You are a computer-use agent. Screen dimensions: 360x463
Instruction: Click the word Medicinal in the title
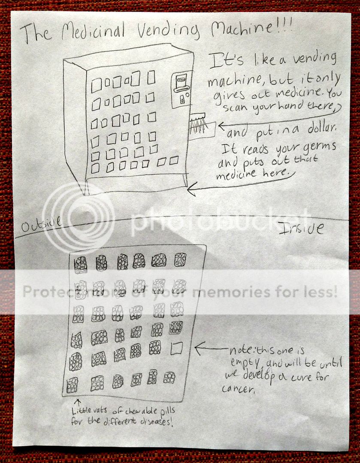[x=93, y=31]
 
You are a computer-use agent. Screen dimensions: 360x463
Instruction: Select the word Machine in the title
[x=242, y=27]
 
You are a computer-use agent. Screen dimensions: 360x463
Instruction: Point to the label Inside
[x=301, y=228]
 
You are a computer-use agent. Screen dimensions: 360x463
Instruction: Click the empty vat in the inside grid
[x=176, y=349]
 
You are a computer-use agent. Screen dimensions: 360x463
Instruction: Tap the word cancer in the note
[x=238, y=389]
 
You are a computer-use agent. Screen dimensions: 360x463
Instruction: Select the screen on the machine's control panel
[x=181, y=80]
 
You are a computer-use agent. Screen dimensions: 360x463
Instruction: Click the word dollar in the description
[x=322, y=128]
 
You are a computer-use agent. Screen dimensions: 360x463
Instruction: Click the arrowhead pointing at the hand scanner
[x=222, y=126]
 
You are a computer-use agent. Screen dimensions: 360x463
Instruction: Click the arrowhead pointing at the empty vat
[x=199, y=349]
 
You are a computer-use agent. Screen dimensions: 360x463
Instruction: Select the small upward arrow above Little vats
[x=77, y=403]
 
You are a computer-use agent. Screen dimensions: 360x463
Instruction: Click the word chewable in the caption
[x=142, y=411]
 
